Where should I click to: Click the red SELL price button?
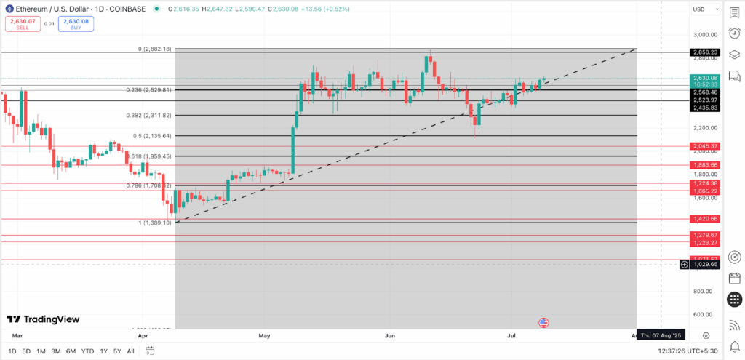tap(22, 23)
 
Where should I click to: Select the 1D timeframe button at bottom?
tap(12, 351)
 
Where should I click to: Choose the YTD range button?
tap(87, 351)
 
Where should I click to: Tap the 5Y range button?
tap(118, 351)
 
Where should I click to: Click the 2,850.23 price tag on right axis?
tap(705, 52)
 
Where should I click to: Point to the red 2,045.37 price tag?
tap(705, 146)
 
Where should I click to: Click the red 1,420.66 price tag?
tap(705, 218)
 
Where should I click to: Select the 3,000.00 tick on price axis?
tap(704, 35)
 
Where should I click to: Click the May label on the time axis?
tap(263, 336)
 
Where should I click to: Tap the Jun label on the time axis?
tap(390, 336)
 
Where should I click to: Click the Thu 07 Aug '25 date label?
tap(661, 335)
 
